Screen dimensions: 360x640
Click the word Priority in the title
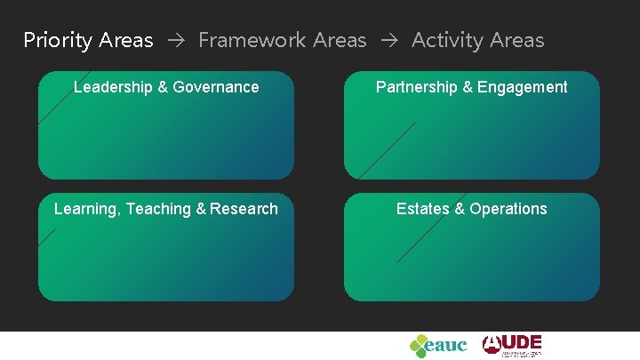(58, 41)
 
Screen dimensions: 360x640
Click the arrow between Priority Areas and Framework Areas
(176, 41)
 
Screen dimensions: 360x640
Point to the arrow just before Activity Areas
(389, 41)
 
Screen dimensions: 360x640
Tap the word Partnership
(417, 87)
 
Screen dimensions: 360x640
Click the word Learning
(86, 209)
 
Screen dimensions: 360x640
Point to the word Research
(244, 209)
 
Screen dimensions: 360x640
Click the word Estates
(423, 209)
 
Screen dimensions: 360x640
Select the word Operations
(508, 209)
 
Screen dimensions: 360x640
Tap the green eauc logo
(437, 345)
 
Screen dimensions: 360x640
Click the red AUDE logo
(512, 345)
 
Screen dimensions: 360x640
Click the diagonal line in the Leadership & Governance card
(63, 97)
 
